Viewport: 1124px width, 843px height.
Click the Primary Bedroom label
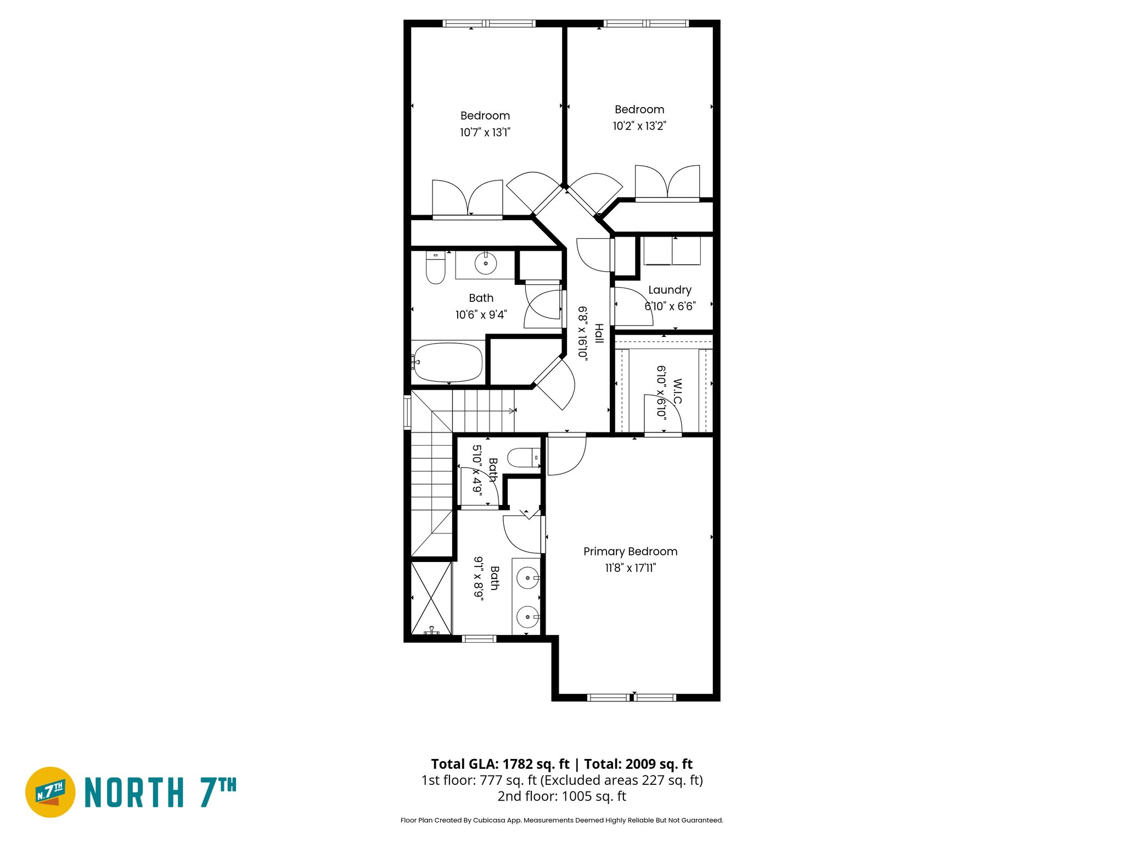(630, 552)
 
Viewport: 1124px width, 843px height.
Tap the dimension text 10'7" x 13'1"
(485, 132)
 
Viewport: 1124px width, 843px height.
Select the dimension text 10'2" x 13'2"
(639, 126)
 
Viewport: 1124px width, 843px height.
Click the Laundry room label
(670, 290)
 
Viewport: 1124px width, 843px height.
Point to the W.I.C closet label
(677, 391)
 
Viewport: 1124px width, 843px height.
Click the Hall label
(599, 334)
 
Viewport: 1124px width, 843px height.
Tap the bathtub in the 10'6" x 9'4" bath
(448, 362)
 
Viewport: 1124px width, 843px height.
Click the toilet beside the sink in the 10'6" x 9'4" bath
(435, 269)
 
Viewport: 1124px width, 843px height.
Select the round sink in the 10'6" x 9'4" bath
(485, 263)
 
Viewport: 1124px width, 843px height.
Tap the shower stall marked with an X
(431, 598)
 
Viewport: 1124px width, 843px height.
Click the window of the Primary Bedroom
(631, 698)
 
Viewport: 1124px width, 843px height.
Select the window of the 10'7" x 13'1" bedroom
(488, 24)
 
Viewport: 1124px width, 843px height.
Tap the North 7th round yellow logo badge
(50, 792)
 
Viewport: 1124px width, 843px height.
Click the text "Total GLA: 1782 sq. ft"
(500, 764)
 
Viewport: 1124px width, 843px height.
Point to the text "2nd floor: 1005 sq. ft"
(561, 796)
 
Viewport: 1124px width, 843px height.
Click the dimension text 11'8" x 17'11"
(630, 568)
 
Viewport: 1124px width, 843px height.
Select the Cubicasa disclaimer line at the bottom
(561, 820)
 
